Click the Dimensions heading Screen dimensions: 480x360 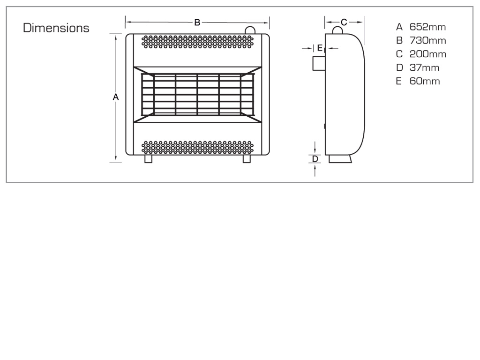point(56,28)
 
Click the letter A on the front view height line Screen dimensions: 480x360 point(115,97)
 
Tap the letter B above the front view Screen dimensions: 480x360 point(197,22)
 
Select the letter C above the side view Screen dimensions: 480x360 point(344,22)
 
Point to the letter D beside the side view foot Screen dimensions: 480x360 point(315,159)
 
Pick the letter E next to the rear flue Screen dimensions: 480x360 point(320,48)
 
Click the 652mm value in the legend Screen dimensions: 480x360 point(427,27)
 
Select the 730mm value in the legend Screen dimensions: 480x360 point(427,40)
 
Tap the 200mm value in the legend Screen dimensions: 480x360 point(428,54)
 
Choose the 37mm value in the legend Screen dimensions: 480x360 point(424,67)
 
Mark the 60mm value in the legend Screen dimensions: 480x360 point(425,81)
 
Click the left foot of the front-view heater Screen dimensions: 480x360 point(148,158)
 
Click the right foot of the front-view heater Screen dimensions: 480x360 point(247,158)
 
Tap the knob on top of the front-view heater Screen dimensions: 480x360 point(250,30)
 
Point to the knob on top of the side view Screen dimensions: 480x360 point(337,30)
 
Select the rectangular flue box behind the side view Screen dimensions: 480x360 point(319,64)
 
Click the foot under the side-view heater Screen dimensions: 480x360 point(340,158)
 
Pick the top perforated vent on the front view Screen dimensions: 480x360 point(197,42)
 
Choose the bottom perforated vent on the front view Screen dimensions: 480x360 point(197,148)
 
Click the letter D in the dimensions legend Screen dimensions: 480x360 point(399,67)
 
